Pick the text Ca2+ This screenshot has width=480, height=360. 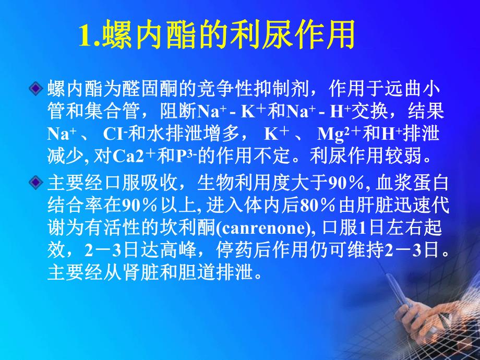[141, 157]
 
